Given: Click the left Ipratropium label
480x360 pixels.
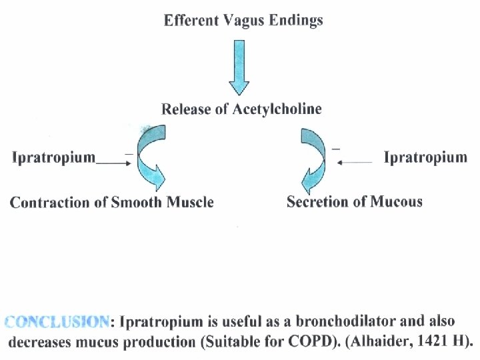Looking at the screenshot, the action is pos(54,159).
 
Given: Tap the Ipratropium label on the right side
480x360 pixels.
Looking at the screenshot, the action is pos(425,159).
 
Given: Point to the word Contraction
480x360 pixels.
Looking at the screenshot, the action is pos(46,203).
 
